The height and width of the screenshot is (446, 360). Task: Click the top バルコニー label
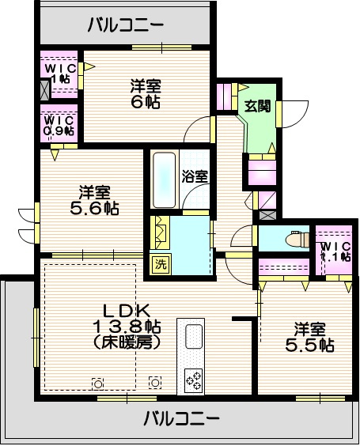click(126, 25)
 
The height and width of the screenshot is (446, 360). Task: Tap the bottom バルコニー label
click(181, 418)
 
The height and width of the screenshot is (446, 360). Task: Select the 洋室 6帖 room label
click(146, 94)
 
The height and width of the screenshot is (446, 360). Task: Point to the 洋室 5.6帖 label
click(94, 200)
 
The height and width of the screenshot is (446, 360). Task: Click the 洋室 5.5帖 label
click(309, 337)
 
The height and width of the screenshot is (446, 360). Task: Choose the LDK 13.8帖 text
click(127, 319)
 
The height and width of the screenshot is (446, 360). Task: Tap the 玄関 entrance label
click(258, 106)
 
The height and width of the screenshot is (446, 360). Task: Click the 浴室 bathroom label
click(195, 176)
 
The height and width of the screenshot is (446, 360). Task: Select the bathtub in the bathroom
click(164, 180)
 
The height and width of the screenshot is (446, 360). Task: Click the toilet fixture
click(297, 238)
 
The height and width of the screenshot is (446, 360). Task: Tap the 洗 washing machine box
click(161, 265)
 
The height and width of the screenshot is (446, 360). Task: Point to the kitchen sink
click(194, 336)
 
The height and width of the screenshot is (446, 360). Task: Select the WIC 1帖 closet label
click(60, 73)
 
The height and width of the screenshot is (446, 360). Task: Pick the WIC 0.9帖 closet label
click(59, 126)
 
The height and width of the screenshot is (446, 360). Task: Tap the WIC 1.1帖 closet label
click(335, 251)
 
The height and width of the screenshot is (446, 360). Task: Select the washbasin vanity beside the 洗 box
click(161, 232)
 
